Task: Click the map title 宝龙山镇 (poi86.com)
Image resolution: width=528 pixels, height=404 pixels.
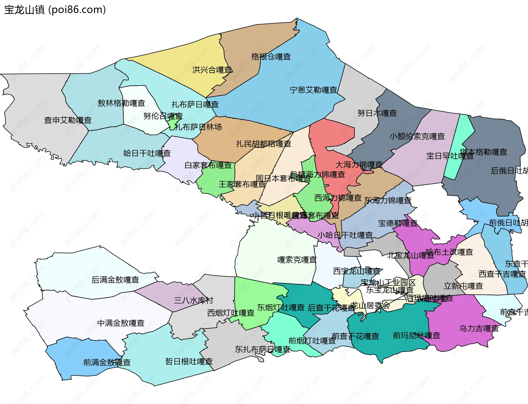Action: [x=55, y=10]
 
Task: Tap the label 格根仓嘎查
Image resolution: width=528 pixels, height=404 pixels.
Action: [x=271, y=57]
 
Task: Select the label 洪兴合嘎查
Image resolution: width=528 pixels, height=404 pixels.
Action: [x=212, y=70]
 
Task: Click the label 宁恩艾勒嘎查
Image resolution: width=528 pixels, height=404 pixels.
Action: [x=313, y=90]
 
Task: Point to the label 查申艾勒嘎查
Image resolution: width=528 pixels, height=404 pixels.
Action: [x=68, y=120]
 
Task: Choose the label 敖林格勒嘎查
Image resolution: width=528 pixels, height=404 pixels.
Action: [x=121, y=103]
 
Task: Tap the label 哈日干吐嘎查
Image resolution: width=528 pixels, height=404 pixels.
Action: [x=147, y=153]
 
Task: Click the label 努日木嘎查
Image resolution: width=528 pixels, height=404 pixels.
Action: [x=377, y=113]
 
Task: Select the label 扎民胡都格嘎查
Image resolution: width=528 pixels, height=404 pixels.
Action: [x=263, y=144]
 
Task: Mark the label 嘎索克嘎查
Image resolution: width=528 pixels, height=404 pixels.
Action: [x=297, y=260]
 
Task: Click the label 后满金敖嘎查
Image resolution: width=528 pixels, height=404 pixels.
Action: [x=115, y=280]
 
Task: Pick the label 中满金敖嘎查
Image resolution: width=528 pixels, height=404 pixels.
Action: [x=121, y=323]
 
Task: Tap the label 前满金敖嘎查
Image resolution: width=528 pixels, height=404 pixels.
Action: [x=107, y=362]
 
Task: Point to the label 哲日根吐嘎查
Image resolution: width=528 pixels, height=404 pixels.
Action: [x=189, y=362]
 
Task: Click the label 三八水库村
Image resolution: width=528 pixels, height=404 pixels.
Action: [x=193, y=301]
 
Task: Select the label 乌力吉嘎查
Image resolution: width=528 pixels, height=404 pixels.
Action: [x=479, y=329]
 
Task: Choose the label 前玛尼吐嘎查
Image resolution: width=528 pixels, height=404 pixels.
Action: [x=416, y=335]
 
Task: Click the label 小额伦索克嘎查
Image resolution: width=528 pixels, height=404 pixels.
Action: [x=417, y=136]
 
